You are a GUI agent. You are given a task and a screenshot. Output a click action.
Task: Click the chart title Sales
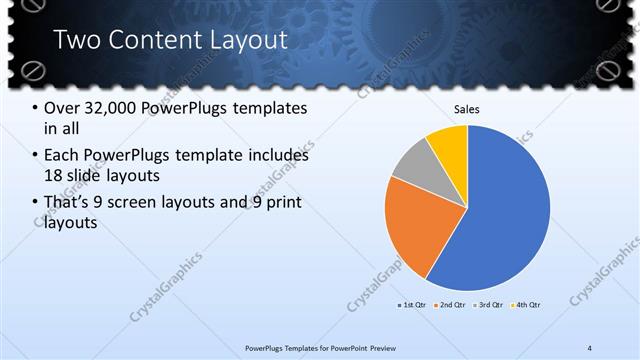(468, 108)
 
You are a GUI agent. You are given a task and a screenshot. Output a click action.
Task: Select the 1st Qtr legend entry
(413, 304)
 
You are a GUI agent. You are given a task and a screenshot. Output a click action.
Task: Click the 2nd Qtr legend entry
(453, 304)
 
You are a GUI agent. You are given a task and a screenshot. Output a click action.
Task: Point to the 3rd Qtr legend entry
(490, 304)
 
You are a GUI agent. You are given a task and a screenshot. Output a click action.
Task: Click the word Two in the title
(78, 40)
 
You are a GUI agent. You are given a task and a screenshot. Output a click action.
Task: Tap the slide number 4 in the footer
(590, 347)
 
